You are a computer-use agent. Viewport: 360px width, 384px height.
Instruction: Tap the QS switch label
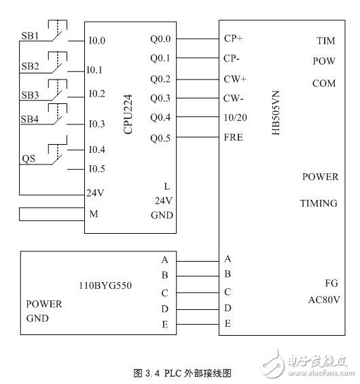29,159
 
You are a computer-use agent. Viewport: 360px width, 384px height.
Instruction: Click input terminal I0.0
96,41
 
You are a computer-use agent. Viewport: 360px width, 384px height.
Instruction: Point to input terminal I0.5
96,169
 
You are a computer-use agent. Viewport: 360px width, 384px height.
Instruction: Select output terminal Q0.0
160,39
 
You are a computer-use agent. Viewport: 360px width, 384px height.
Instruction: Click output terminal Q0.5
160,138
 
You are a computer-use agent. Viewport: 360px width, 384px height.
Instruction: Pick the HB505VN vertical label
275,111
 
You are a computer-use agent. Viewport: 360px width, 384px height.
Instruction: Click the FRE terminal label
233,137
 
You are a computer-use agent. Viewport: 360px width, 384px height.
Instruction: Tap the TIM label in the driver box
325,41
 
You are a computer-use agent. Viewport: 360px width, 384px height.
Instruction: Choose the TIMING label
319,203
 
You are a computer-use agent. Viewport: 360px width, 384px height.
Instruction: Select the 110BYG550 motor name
105,285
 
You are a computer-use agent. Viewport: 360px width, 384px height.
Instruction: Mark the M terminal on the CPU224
94,214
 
